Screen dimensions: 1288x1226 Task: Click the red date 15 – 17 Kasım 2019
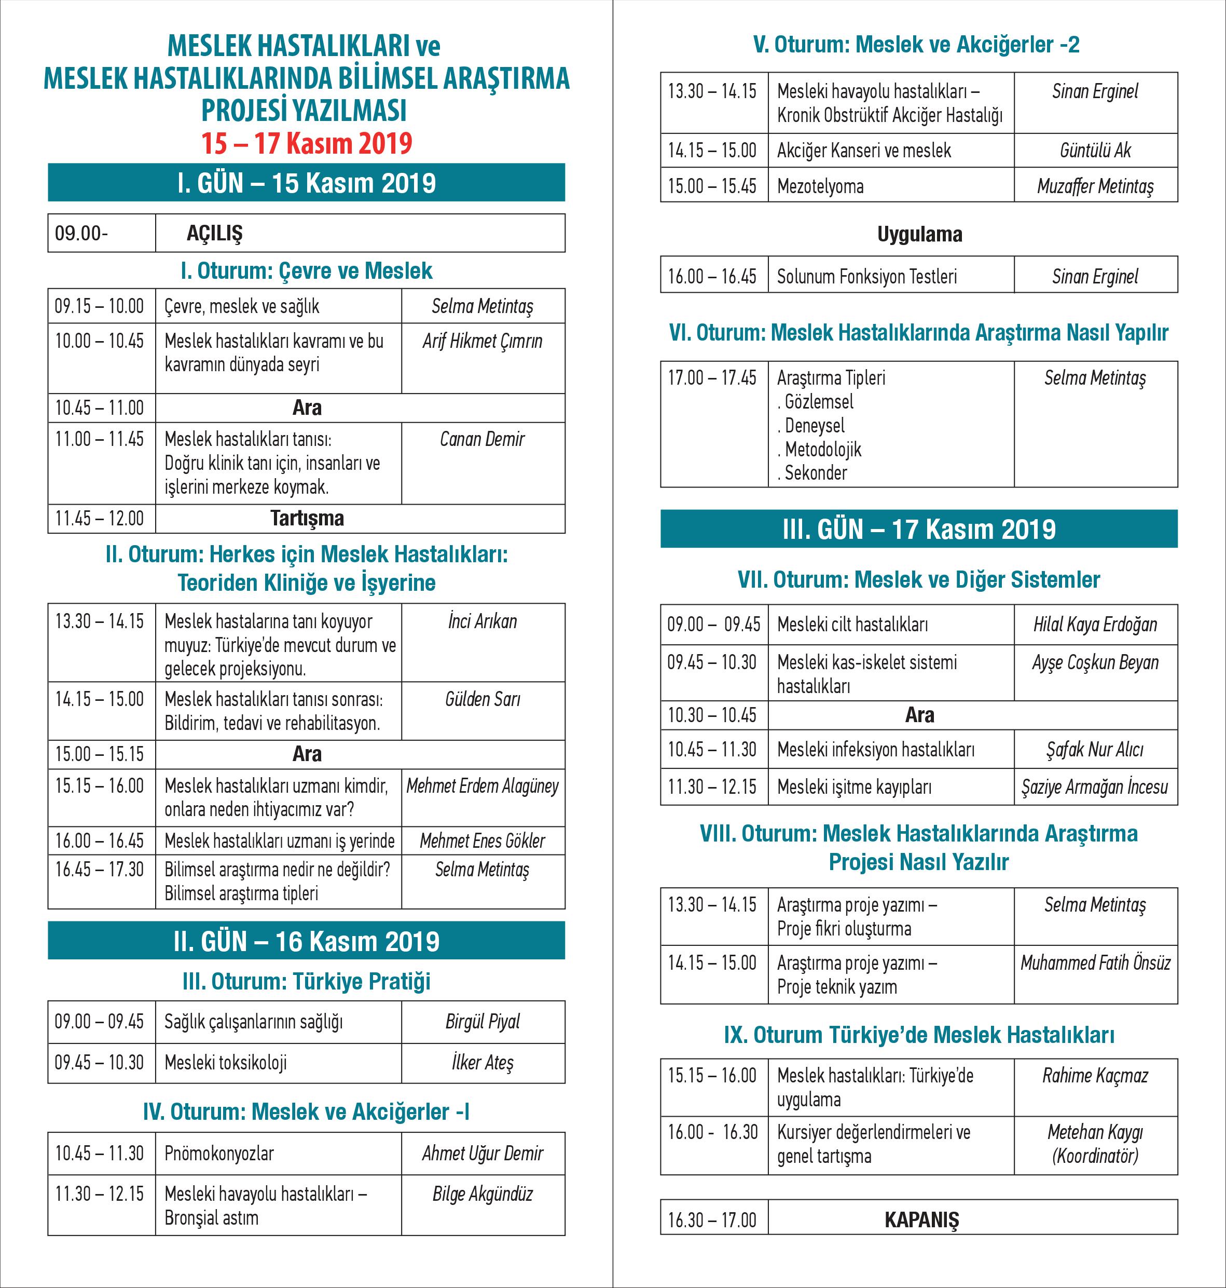pos(307,144)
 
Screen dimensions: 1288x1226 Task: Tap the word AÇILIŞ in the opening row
pos(214,234)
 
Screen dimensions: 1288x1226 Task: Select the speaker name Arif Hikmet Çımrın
pos(483,341)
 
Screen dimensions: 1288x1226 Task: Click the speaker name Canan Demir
pos(483,439)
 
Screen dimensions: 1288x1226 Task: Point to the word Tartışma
pos(307,519)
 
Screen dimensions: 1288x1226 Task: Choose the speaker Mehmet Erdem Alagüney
pos(483,786)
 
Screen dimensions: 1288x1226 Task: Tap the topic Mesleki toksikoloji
pos(226,1063)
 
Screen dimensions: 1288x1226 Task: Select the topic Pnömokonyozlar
pos(219,1154)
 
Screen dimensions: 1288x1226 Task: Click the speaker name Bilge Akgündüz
pos(483,1195)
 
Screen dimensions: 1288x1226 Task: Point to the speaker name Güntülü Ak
pos(1095,151)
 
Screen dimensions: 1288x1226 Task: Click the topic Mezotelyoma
pos(820,186)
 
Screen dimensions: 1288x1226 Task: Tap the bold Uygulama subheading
pos(919,234)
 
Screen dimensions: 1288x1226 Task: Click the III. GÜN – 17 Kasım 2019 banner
pos(919,529)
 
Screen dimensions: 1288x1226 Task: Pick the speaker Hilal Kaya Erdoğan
pos(1095,625)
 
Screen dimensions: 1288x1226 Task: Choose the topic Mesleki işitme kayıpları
pos(854,787)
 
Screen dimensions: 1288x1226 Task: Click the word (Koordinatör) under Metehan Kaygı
pos(1095,1156)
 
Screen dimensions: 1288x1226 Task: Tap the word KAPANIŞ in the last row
pos(921,1220)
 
